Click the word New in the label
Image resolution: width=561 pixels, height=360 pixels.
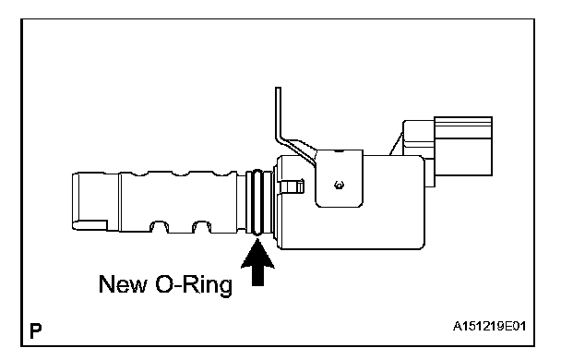pos(123,284)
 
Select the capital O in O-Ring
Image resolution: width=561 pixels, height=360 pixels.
pos(164,284)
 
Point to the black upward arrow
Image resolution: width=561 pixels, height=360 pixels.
pos(257,263)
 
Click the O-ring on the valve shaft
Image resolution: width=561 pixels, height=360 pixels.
pos(257,202)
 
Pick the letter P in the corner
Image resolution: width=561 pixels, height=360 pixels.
pos(36,331)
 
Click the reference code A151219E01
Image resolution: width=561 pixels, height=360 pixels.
pos(489,327)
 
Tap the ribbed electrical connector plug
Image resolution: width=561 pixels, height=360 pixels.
pos(463,146)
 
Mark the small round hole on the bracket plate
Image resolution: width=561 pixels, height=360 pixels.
pos(339,186)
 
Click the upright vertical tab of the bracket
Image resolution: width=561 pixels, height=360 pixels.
pos(278,113)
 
